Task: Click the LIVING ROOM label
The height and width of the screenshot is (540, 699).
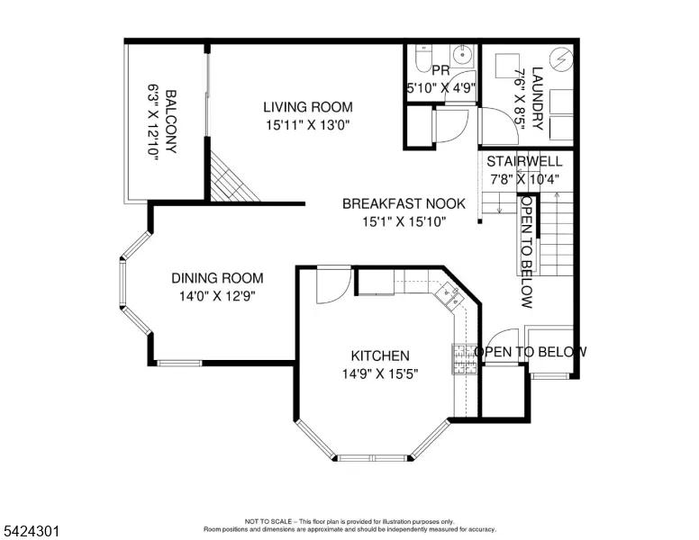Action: click(x=307, y=107)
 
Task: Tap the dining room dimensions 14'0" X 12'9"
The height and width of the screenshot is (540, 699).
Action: click(x=217, y=296)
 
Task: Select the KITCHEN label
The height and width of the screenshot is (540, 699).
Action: click(x=380, y=356)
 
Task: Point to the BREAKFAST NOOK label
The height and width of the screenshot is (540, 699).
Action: click(x=404, y=203)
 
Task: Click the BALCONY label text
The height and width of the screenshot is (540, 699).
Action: click(x=171, y=121)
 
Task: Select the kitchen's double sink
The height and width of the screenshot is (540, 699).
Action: click(x=449, y=295)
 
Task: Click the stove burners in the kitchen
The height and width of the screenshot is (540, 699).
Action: click(x=465, y=359)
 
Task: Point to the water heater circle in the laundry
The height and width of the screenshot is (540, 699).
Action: click(x=561, y=58)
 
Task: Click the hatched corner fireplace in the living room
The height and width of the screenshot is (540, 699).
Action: click(x=231, y=178)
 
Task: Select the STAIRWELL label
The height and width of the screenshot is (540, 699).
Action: click(x=524, y=161)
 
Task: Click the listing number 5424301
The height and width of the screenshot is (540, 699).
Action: click(x=32, y=531)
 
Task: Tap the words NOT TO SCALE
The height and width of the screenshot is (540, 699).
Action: click(x=268, y=521)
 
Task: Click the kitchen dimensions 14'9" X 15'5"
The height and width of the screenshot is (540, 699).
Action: click(x=380, y=373)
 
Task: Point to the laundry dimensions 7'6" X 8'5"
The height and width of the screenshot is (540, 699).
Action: click(x=520, y=98)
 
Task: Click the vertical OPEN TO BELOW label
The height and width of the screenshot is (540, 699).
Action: click(x=527, y=252)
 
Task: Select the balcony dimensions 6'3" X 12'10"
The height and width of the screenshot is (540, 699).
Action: click(x=153, y=121)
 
